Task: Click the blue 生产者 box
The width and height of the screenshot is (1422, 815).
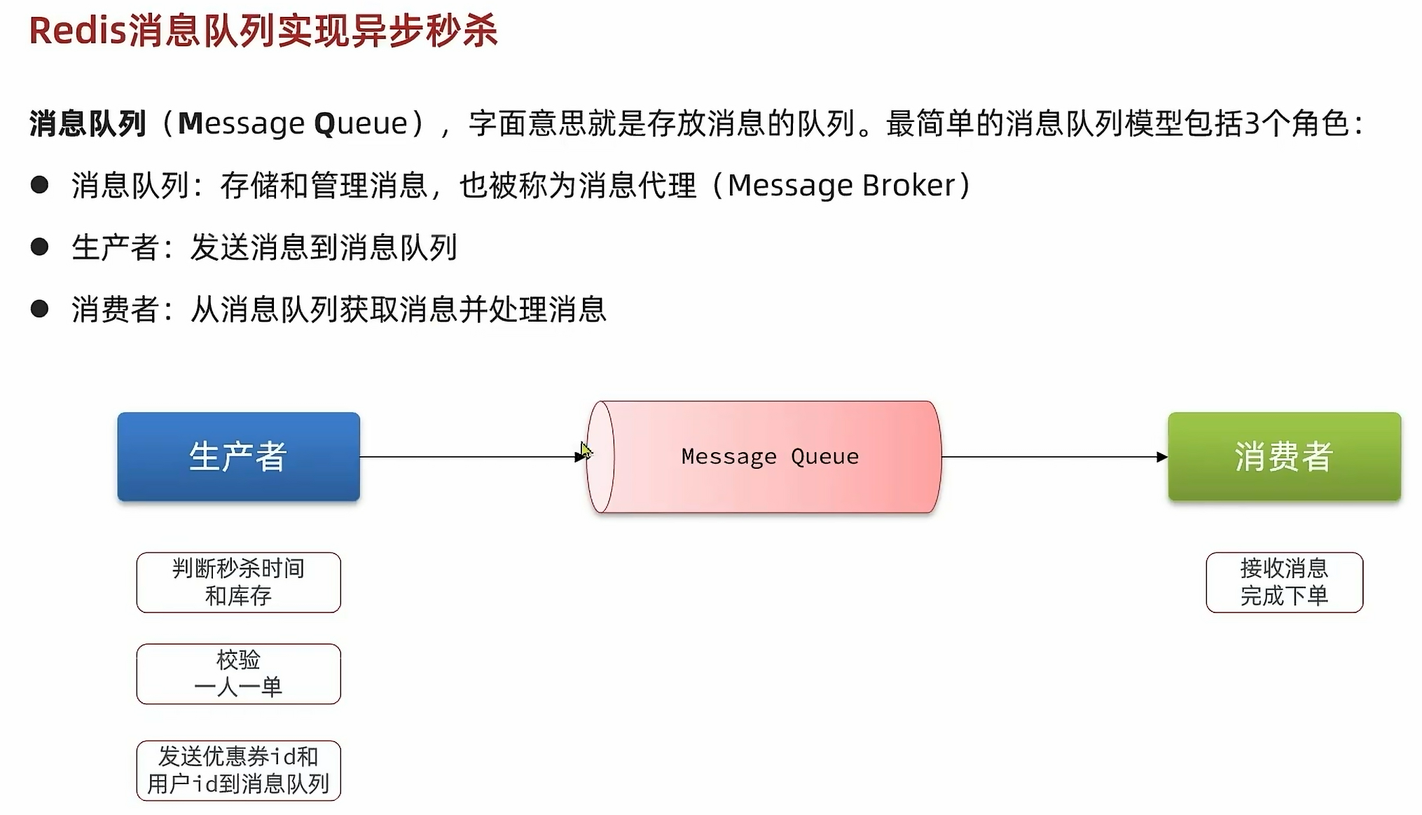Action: point(238,456)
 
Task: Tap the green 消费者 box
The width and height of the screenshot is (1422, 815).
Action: point(1284,456)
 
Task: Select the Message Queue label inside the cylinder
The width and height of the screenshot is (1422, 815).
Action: point(770,456)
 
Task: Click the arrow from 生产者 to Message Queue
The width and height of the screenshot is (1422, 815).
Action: point(469,457)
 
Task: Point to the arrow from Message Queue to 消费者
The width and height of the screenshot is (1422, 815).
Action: point(1051,457)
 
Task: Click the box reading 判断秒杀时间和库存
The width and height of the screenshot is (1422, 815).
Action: point(238,582)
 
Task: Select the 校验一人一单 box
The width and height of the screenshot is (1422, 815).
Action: point(238,673)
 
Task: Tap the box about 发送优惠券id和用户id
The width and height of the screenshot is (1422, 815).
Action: point(238,770)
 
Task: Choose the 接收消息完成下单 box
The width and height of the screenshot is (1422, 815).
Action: point(1284,582)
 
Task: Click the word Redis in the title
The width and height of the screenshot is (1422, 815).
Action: point(77,32)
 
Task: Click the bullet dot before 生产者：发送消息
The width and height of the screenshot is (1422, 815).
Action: point(40,247)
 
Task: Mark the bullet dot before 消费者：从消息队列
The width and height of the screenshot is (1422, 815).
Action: point(40,308)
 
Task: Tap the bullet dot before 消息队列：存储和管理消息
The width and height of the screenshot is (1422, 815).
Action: point(40,185)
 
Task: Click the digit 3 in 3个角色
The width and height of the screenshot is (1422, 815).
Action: point(1252,124)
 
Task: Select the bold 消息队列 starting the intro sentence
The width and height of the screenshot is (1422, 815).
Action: point(88,124)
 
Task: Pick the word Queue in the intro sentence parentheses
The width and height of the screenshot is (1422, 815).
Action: point(361,124)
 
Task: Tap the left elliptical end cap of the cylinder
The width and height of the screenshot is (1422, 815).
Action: point(600,457)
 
